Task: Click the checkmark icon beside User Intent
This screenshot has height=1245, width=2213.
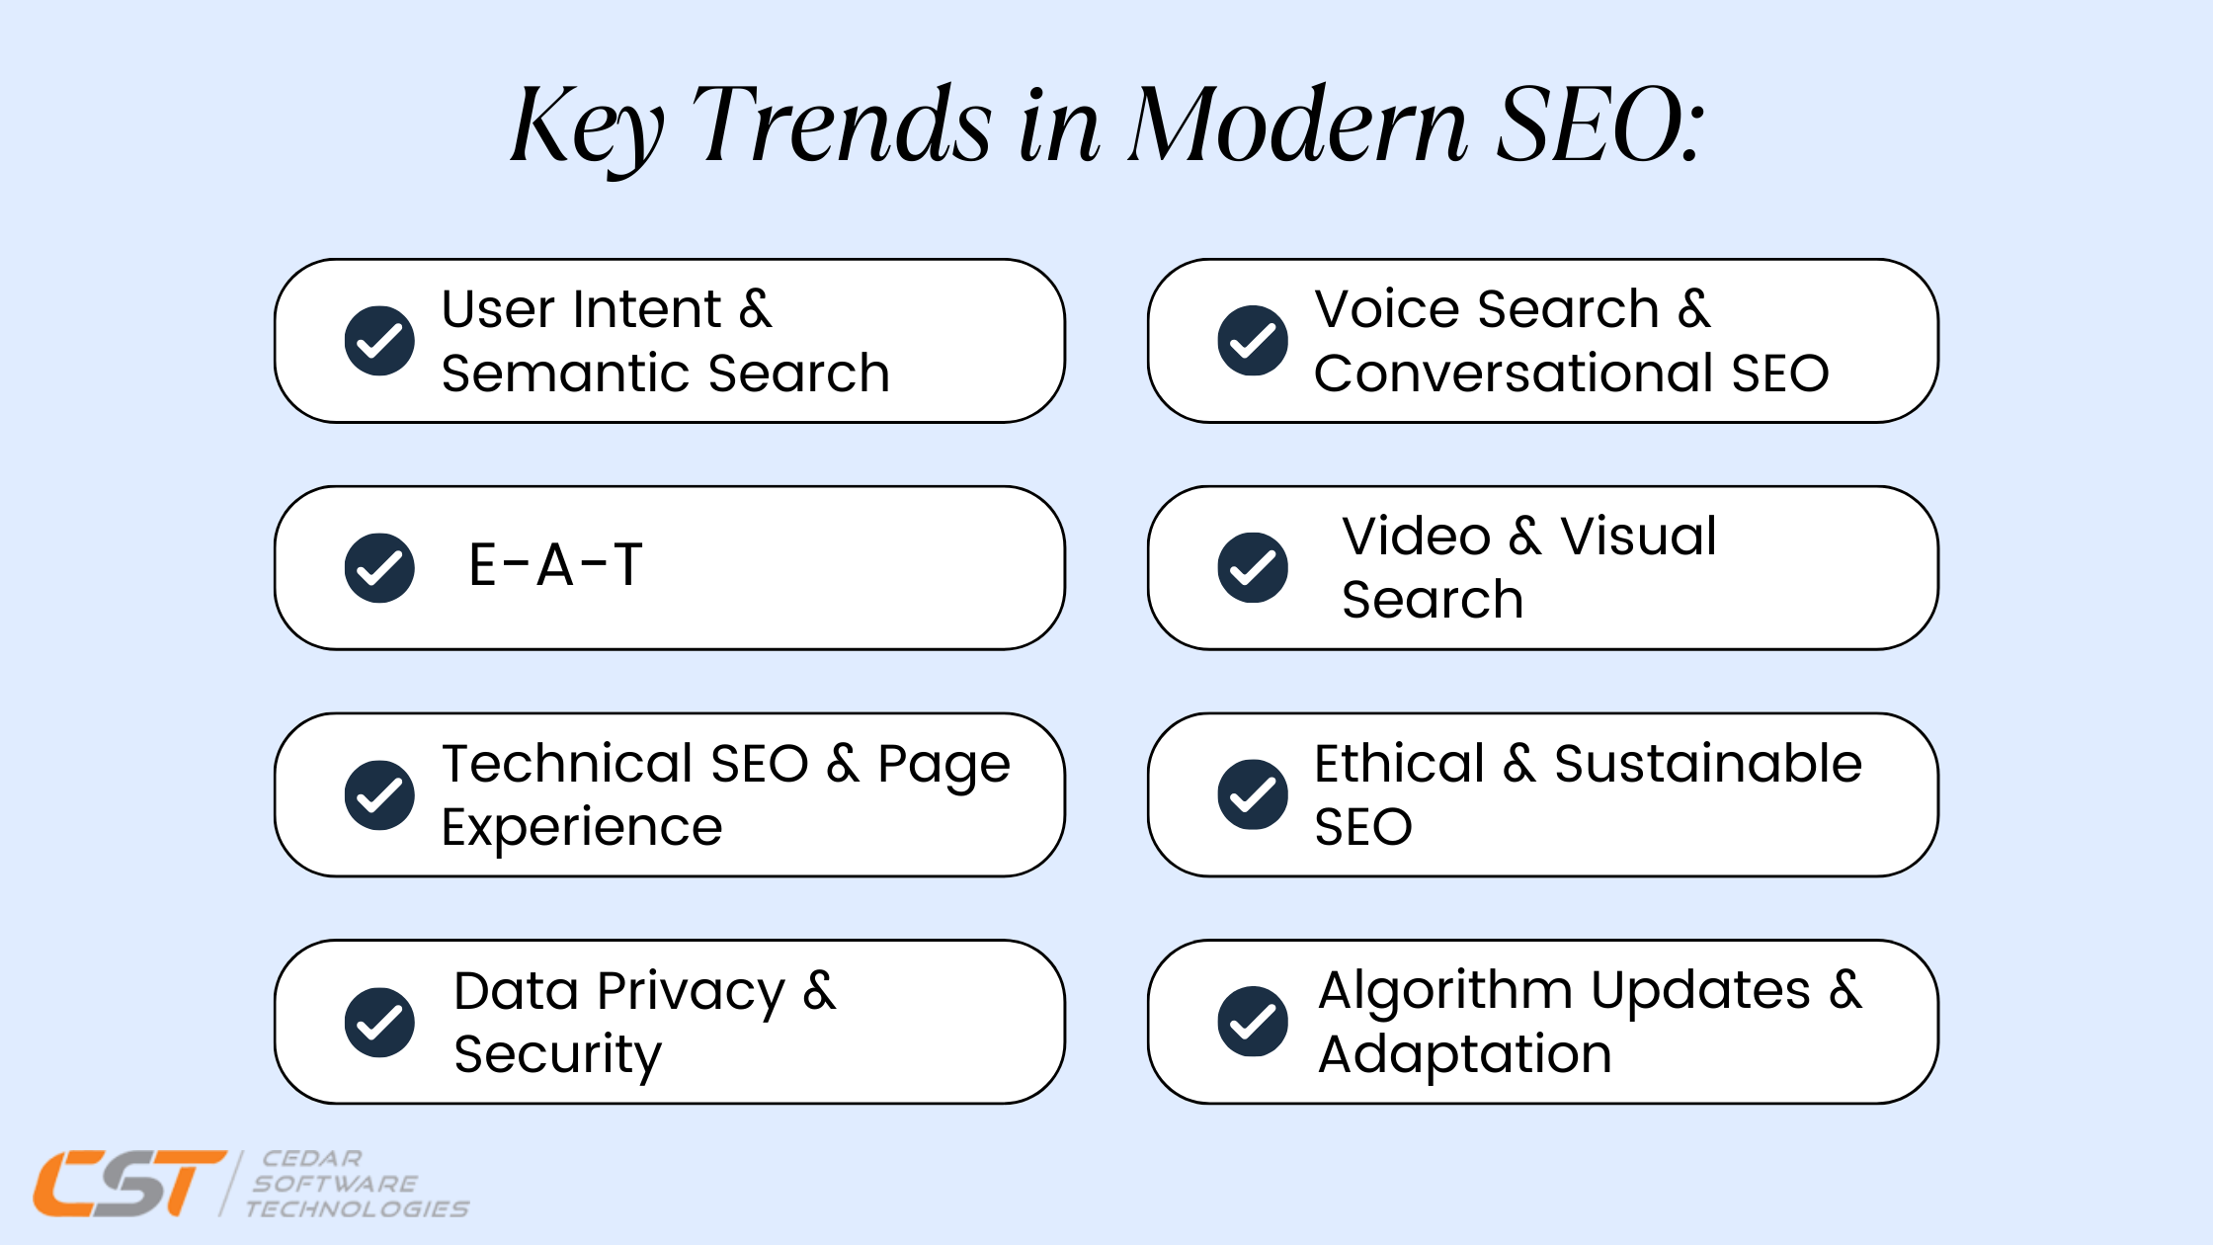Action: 379,341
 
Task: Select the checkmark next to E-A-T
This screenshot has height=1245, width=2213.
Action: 379,568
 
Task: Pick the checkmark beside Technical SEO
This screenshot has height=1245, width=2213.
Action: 379,795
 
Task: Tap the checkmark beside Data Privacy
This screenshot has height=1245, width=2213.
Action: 379,1022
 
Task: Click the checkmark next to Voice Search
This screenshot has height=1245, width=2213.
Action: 1253,341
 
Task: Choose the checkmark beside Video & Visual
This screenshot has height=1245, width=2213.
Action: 1253,568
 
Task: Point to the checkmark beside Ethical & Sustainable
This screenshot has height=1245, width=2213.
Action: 1253,794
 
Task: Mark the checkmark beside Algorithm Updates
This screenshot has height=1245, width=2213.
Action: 1253,1022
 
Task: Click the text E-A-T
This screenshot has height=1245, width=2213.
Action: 555,565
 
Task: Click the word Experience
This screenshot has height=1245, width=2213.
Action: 582,828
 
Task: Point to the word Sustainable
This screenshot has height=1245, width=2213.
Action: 1708,764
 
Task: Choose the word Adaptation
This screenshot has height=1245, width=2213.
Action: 1465,1055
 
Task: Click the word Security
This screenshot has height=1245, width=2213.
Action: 558,1055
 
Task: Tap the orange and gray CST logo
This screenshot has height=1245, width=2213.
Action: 130,1183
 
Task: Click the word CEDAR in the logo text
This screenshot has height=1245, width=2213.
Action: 312,1158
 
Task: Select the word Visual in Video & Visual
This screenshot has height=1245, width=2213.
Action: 1638,537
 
